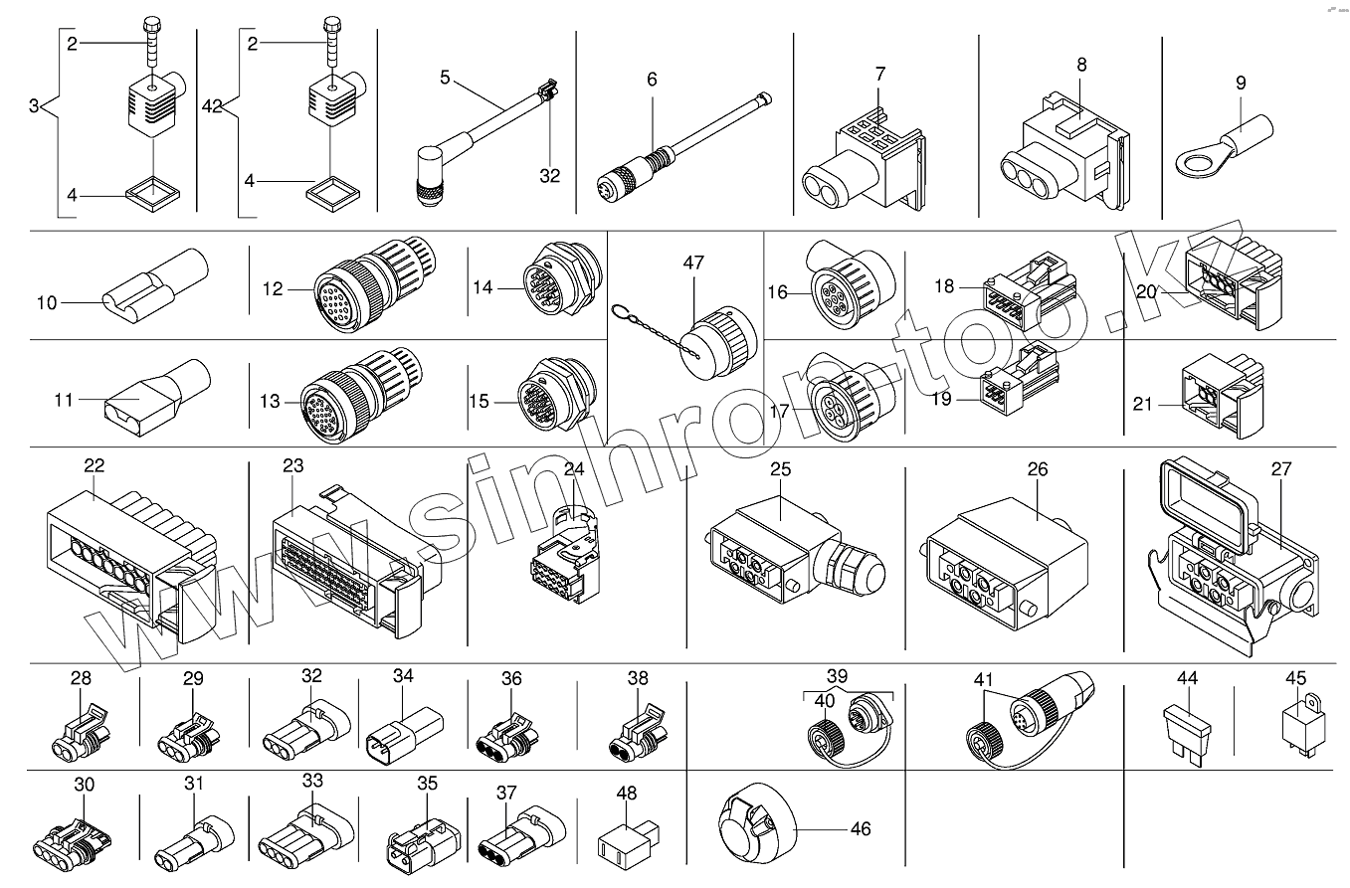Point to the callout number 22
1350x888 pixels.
(95, 464)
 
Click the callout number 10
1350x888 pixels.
(47, 303)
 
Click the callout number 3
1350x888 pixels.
(34, 105)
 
